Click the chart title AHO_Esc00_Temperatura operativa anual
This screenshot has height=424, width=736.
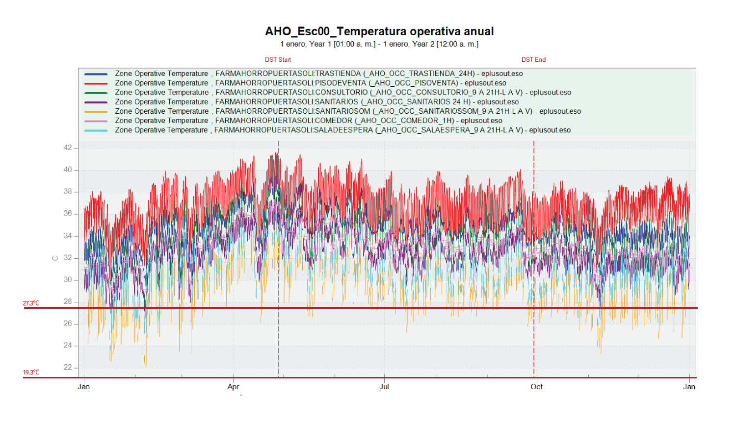click(379, 31)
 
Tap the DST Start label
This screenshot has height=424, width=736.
click(278, 60)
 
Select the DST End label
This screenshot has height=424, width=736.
click(533, 60)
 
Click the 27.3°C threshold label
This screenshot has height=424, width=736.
click(31, 303)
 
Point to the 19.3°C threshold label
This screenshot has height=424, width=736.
click(31, 373)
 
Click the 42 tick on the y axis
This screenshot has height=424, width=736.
click(68, 148)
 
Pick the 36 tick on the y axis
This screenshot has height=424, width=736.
click(68, 214)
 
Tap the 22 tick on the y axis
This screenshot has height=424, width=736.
click(68, 367)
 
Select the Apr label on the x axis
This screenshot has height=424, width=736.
click(233, 387)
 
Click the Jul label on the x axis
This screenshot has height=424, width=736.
click(384, 387)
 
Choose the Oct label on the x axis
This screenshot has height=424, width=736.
click(536, 387)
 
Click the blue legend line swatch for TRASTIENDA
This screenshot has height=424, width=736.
click(96, 74)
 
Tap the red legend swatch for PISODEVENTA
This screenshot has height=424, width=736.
click(96, 83)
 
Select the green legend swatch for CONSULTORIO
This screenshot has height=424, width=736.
click(96, 93)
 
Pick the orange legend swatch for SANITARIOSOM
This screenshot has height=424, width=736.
click(96, 111)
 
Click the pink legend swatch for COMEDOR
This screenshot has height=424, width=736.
click(96, 121)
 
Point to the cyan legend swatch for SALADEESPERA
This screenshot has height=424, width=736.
click(96, 130)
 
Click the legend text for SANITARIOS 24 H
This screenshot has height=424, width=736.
click(316, 102)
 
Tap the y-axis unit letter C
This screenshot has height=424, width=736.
click(55, 258)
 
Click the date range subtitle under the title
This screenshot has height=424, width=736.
click(379, 44)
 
